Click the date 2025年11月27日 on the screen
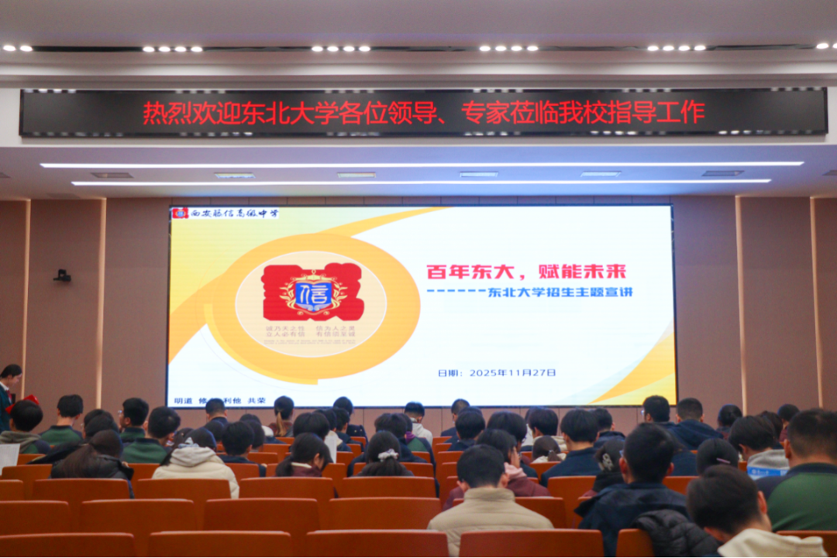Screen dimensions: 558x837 point(512,372)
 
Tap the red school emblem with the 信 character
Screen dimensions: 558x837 point(313,293)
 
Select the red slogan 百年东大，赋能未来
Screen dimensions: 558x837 point(526,272)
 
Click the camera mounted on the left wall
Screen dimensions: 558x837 point(62,275)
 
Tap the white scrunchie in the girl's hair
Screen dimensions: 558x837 point(387,454)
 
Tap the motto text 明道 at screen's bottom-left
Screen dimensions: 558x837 point(183,402)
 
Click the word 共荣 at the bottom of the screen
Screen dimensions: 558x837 point(256,402)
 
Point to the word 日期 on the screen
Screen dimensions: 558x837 point(448,372)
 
